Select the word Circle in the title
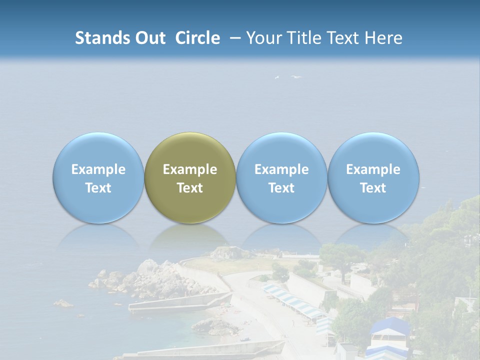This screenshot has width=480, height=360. pyautogui.click(x=197, y=38)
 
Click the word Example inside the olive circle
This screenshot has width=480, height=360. pyautogui.click(x=190, y=169)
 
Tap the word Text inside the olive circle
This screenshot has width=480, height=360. pyautogui.click(x=190, y=188)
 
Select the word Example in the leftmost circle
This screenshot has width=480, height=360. pyautogui.click(x=98, y=169)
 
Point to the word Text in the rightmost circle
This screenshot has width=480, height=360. pyautogui.click(x=373, y=188)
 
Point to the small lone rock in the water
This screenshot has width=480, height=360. pyautogui.click(x=63, y=303)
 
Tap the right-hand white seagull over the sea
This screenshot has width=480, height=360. pyautogui.click(x=296, y=77)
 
